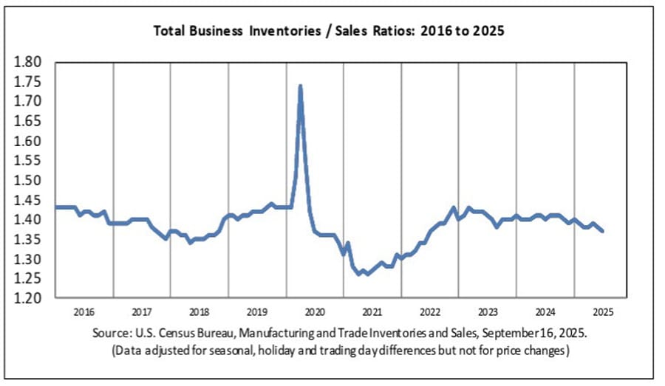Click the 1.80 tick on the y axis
coord(29,61)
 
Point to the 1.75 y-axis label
coord(29,81)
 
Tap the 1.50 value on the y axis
coord(29,180)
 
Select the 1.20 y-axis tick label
coord(29,299)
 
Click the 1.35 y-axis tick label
coord(29,239)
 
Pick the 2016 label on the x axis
coord(84,311)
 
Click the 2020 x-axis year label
coord(315,311)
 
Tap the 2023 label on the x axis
coord(488,311)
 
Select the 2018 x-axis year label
coord(199,311)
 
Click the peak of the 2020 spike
coord(300,86)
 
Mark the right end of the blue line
coord(602,231)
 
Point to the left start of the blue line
coord(56,207)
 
